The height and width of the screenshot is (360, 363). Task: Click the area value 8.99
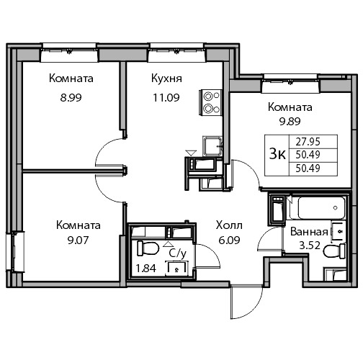[x=71, y=98]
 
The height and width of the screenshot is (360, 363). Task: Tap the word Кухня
[x=166, y=78]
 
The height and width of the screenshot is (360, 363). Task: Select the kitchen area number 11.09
[x=166, y=98]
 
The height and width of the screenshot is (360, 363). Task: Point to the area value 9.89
[x=290, y=122]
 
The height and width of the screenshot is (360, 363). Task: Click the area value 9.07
[x=79, y=240]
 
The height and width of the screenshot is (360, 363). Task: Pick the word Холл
[x=229, y=225]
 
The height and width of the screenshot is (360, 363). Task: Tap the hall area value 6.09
[x=229, y=240]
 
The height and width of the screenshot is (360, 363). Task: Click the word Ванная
[x=309, y=232]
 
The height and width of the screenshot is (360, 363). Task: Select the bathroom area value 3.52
[x=310, y=246]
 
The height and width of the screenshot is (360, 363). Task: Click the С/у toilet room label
[x=178, y=253]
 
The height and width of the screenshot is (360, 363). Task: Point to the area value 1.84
[x=146, y=268]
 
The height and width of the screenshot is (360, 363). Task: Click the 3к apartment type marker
[x=277, y=154]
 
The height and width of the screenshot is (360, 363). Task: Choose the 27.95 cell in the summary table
[x=308, y=142]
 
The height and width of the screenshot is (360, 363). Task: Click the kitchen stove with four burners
[x=211, y=102]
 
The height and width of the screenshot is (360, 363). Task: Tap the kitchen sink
[x=212, y=146]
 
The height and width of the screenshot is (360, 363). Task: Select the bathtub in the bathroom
[x=318, y=207]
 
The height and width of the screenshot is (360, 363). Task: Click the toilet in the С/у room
[x=148, y=248]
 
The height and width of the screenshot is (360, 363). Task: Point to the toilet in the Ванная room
[x=334, y=251]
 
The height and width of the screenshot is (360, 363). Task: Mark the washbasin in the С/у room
[x=176, y=268]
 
